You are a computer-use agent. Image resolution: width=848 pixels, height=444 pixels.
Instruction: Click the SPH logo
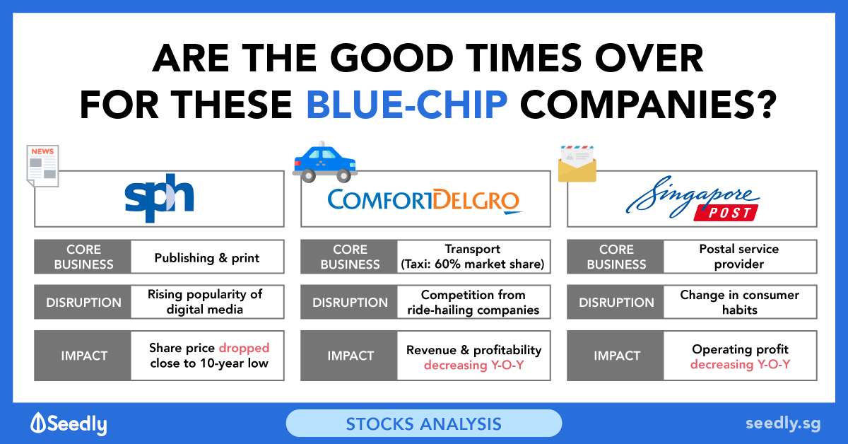pyautogui.click(x=160, y=198)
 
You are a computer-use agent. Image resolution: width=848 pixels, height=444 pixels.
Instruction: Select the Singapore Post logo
pyautogui.click(x=693, y=198)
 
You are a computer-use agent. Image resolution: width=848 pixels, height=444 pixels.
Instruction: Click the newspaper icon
pyautogui.click(x=42, y=166)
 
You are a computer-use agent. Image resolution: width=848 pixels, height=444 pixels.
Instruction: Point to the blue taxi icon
pyautogui.click(x=325, y=162)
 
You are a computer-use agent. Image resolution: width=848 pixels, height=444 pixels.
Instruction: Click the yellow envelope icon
pyautogui.click(x=577, y=164)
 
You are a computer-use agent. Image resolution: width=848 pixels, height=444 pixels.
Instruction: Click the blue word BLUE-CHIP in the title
pyautogui.click(x=407, y=105)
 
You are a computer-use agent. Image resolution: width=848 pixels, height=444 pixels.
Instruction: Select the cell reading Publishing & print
pyautogui.click(x=208, y=257)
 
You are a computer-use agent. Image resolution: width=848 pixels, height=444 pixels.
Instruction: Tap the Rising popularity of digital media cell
pyautogui.click(x=208, y=302)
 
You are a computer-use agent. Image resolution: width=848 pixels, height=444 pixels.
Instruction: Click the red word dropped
pyautogui.click(x=245, y=347)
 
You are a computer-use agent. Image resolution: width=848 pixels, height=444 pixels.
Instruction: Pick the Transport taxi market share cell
pyautogui.click(x=473, y=257)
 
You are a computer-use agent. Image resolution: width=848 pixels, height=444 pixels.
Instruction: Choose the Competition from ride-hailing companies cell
pyautogui.click(x=473, y=302)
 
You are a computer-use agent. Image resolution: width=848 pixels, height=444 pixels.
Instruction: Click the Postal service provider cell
pyautogui.click(x=740, y=257)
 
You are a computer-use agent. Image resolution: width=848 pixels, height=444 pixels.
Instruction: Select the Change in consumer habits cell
pyautogui.click(x=740, y=302)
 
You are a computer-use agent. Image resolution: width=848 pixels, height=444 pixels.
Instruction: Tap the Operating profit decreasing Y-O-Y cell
pyautogui.click(x=740, y=356)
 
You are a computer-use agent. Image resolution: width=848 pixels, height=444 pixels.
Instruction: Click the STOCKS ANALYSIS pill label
pyautogui.click(x=424, y=423)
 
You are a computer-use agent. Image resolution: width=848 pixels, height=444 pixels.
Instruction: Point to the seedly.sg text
pyautogui.click(x=783, y=424)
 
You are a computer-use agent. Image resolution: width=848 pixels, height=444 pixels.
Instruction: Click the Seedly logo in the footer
pyautogui.click(x=69, y=423)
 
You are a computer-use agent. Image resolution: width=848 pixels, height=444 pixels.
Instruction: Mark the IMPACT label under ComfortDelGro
pyautogui.click(x=351, y=356)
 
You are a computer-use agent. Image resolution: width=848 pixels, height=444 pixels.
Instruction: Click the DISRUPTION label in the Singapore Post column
pyautogui.click(x=616, y=303)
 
